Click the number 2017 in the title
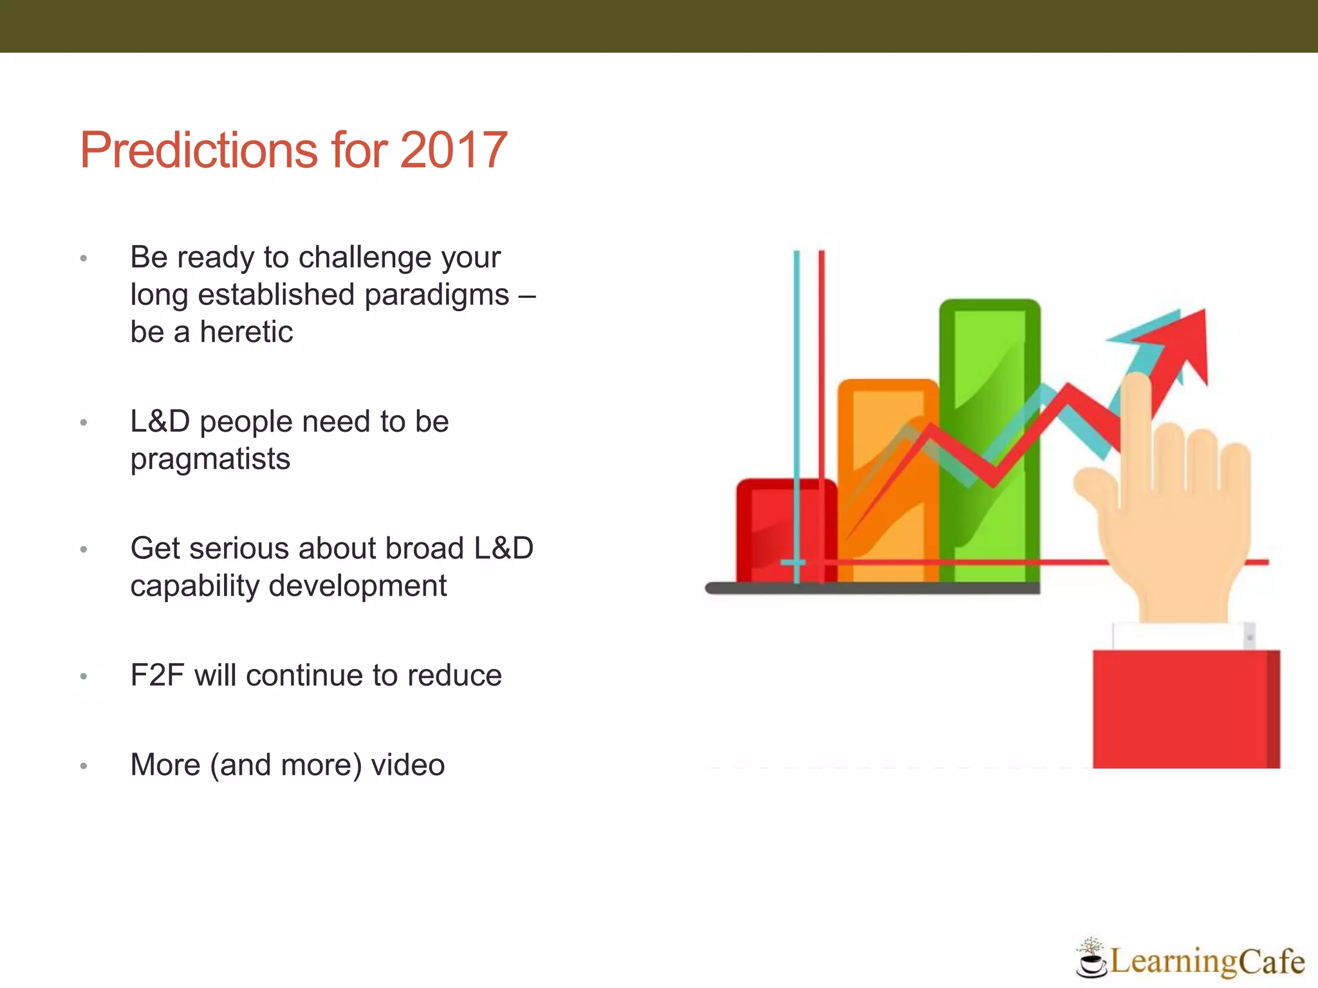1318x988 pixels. pos(453,151)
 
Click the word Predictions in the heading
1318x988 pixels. pos(200,151)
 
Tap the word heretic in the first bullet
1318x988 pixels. pos(246,333)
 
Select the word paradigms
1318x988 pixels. pos(437,295)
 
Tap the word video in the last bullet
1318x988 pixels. pos(407,765)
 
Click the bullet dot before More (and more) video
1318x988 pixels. pos(83,766)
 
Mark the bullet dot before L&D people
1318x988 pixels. pos(83,423)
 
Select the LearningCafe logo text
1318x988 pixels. pos(1207,962)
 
